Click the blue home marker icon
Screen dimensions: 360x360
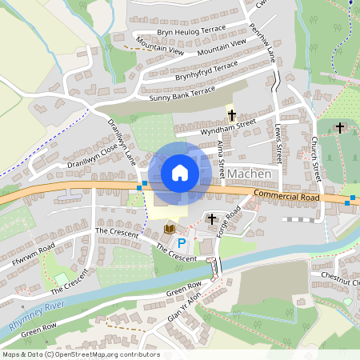coord(180,173)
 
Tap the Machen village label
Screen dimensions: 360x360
coord(250,174)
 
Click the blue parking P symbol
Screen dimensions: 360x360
coord(181,242)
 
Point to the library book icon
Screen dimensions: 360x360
coord(169,229)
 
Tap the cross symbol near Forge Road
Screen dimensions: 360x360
coord(212,218)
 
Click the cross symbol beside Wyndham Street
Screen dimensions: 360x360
coord(232,115)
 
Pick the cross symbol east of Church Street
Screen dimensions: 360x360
coord(340,127)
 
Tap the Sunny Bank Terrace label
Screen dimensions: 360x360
coord(182,94)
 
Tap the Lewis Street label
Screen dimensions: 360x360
coord(278,142)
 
